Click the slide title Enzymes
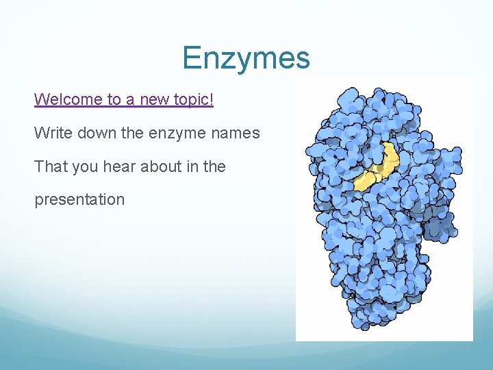246,58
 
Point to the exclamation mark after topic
212,99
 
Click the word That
49,166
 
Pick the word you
81,167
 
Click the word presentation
79,201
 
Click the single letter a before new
131,100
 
